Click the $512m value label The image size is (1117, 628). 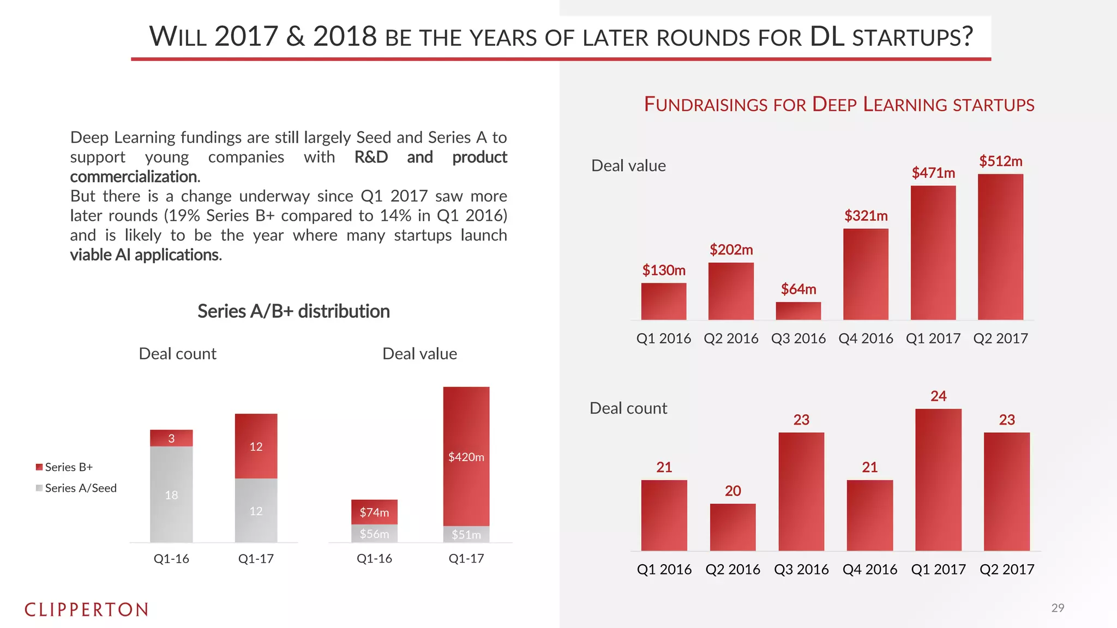click(1000, 161)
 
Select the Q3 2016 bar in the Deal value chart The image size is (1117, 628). click(798, 311)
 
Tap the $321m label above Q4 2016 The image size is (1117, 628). click(866, 216)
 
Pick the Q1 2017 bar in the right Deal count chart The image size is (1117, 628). click(938, 480)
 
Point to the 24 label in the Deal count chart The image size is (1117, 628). click(938, 396)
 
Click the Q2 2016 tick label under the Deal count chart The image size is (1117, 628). click(732, 570)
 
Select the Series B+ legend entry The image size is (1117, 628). click(64, 467)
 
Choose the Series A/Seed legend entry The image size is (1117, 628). click(76, 488)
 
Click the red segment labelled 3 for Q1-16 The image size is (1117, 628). click(171, 438)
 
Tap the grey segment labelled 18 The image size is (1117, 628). click(171, 494)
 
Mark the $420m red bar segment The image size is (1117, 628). click(466, 456)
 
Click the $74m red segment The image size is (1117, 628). click(374, 512)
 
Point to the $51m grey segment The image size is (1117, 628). click(466, 534)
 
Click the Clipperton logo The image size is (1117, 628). click(86, 609)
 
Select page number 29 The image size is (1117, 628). click(1058, 608)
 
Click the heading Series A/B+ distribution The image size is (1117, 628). click(293, 311)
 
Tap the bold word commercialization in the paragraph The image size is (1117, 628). click(135, 177)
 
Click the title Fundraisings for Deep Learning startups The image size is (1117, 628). click(839, 104)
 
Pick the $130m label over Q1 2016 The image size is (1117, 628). click(663, 270)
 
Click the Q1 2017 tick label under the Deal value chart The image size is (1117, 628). click(933, 339)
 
